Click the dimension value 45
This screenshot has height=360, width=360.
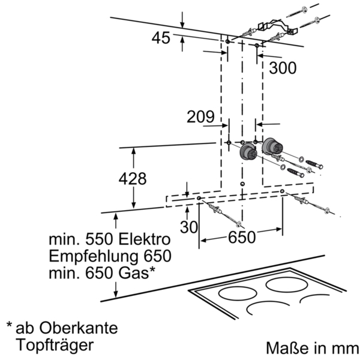pyautogui.click(x=161, y=38)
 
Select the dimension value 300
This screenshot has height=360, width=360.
pyautogui.click(x=283, y=68)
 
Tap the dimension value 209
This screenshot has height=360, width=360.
pyautogui.click(x=200, y=116)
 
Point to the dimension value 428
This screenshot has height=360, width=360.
pyautogui.click(x=133, y=179)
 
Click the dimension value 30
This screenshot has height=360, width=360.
pyautogui.click(x=189, y=227)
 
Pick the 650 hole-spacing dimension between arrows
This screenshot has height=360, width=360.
pyautogui.click(x=242, y=237)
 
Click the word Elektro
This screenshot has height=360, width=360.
pyautogui.click(x=145, y=239)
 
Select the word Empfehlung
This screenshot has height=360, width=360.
pyautogui.click(x=94, y=256)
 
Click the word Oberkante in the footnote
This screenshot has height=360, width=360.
pyautogui.click(x=79, y=328)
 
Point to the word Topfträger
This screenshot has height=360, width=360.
pyautogui.click(x=55, y=345)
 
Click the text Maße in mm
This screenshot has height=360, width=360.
pyautogui.click(x=312, y=348)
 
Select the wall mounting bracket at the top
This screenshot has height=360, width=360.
pyautogui.click(x=278, y=27)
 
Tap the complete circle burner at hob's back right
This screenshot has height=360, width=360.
pyautogui.click(x=287, y=285)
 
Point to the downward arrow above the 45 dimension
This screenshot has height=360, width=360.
pyautogui.click(x=182, y=20)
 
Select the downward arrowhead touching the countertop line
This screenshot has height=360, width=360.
pyautogui.click(x=116, y=294)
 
